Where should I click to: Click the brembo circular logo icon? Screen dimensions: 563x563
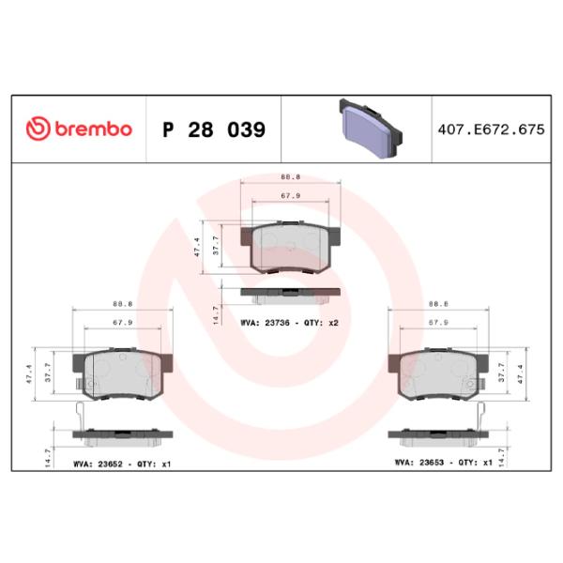(x=38, y=129)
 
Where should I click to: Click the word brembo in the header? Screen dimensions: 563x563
(x=92, y=129)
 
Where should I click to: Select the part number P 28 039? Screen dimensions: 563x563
(x=215, y=129)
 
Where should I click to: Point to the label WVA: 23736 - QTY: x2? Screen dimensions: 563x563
(x=289, y=321)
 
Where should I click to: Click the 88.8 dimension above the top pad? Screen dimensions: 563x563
(x=290, y=178)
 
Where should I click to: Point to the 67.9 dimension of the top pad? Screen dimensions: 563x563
(x=290, y=196)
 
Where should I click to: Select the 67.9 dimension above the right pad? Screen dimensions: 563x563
(x=438, y=322)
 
